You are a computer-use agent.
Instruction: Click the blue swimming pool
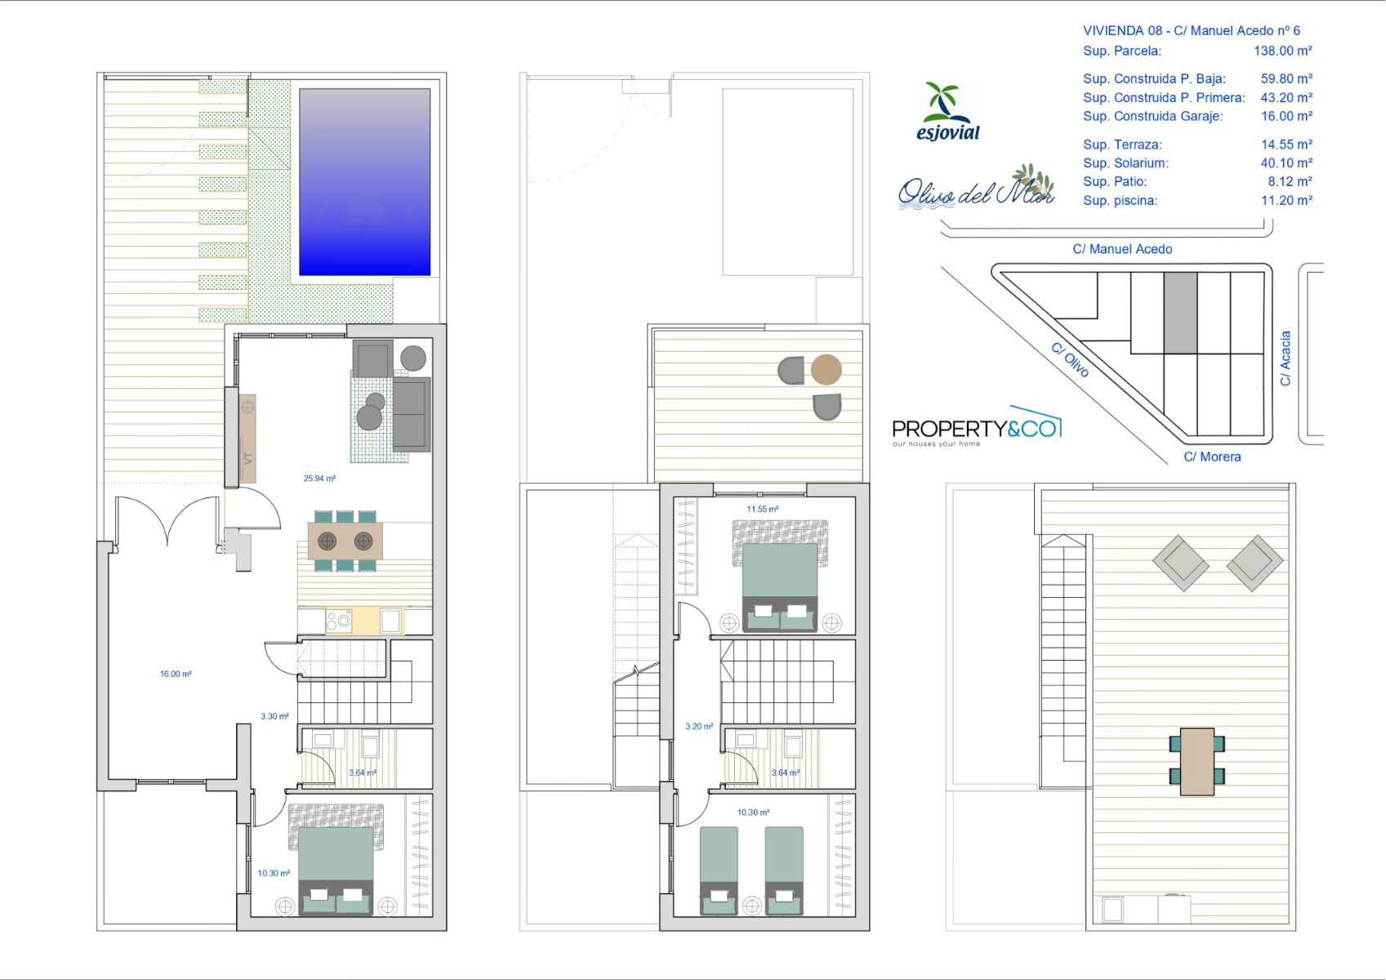pyautogui.click(x=364, y=182)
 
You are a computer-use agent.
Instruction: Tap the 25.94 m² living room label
pyautogui.click(x=319, y=479)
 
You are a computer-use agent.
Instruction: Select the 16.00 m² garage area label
pyautogui.click(x=176, y=674)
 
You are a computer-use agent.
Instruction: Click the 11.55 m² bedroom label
pyautogui.click(x=762, y=509)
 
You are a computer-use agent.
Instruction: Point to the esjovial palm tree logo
pyautogui.click(x=948, y=112)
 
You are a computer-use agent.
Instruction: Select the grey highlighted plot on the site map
pyautogui.click(x=1180, y=313)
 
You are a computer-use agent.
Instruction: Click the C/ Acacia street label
pyautogui.click(x=1286, y=359)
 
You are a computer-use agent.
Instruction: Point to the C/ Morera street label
pyautogui.click(x=1212, y=457)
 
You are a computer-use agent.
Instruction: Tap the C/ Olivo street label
pyautogui.click(x=1070, y=359)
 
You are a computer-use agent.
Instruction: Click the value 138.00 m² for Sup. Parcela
pyautogui.click(x=1282, y=51)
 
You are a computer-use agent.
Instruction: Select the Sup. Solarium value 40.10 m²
pyautogui.click(x=1286, y=163)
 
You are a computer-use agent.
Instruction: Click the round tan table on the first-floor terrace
pyautogui.click(x=826, y=369)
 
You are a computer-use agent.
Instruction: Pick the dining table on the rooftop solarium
pyautogui.click(x=1197, y=762)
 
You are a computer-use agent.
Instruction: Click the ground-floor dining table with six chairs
pyautogui.click(x=345, y=541)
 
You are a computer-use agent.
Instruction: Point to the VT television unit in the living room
pyautogui.click(x=247, y=439)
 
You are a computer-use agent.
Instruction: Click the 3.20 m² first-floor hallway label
pyautogui.click(x=699, y=726)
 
